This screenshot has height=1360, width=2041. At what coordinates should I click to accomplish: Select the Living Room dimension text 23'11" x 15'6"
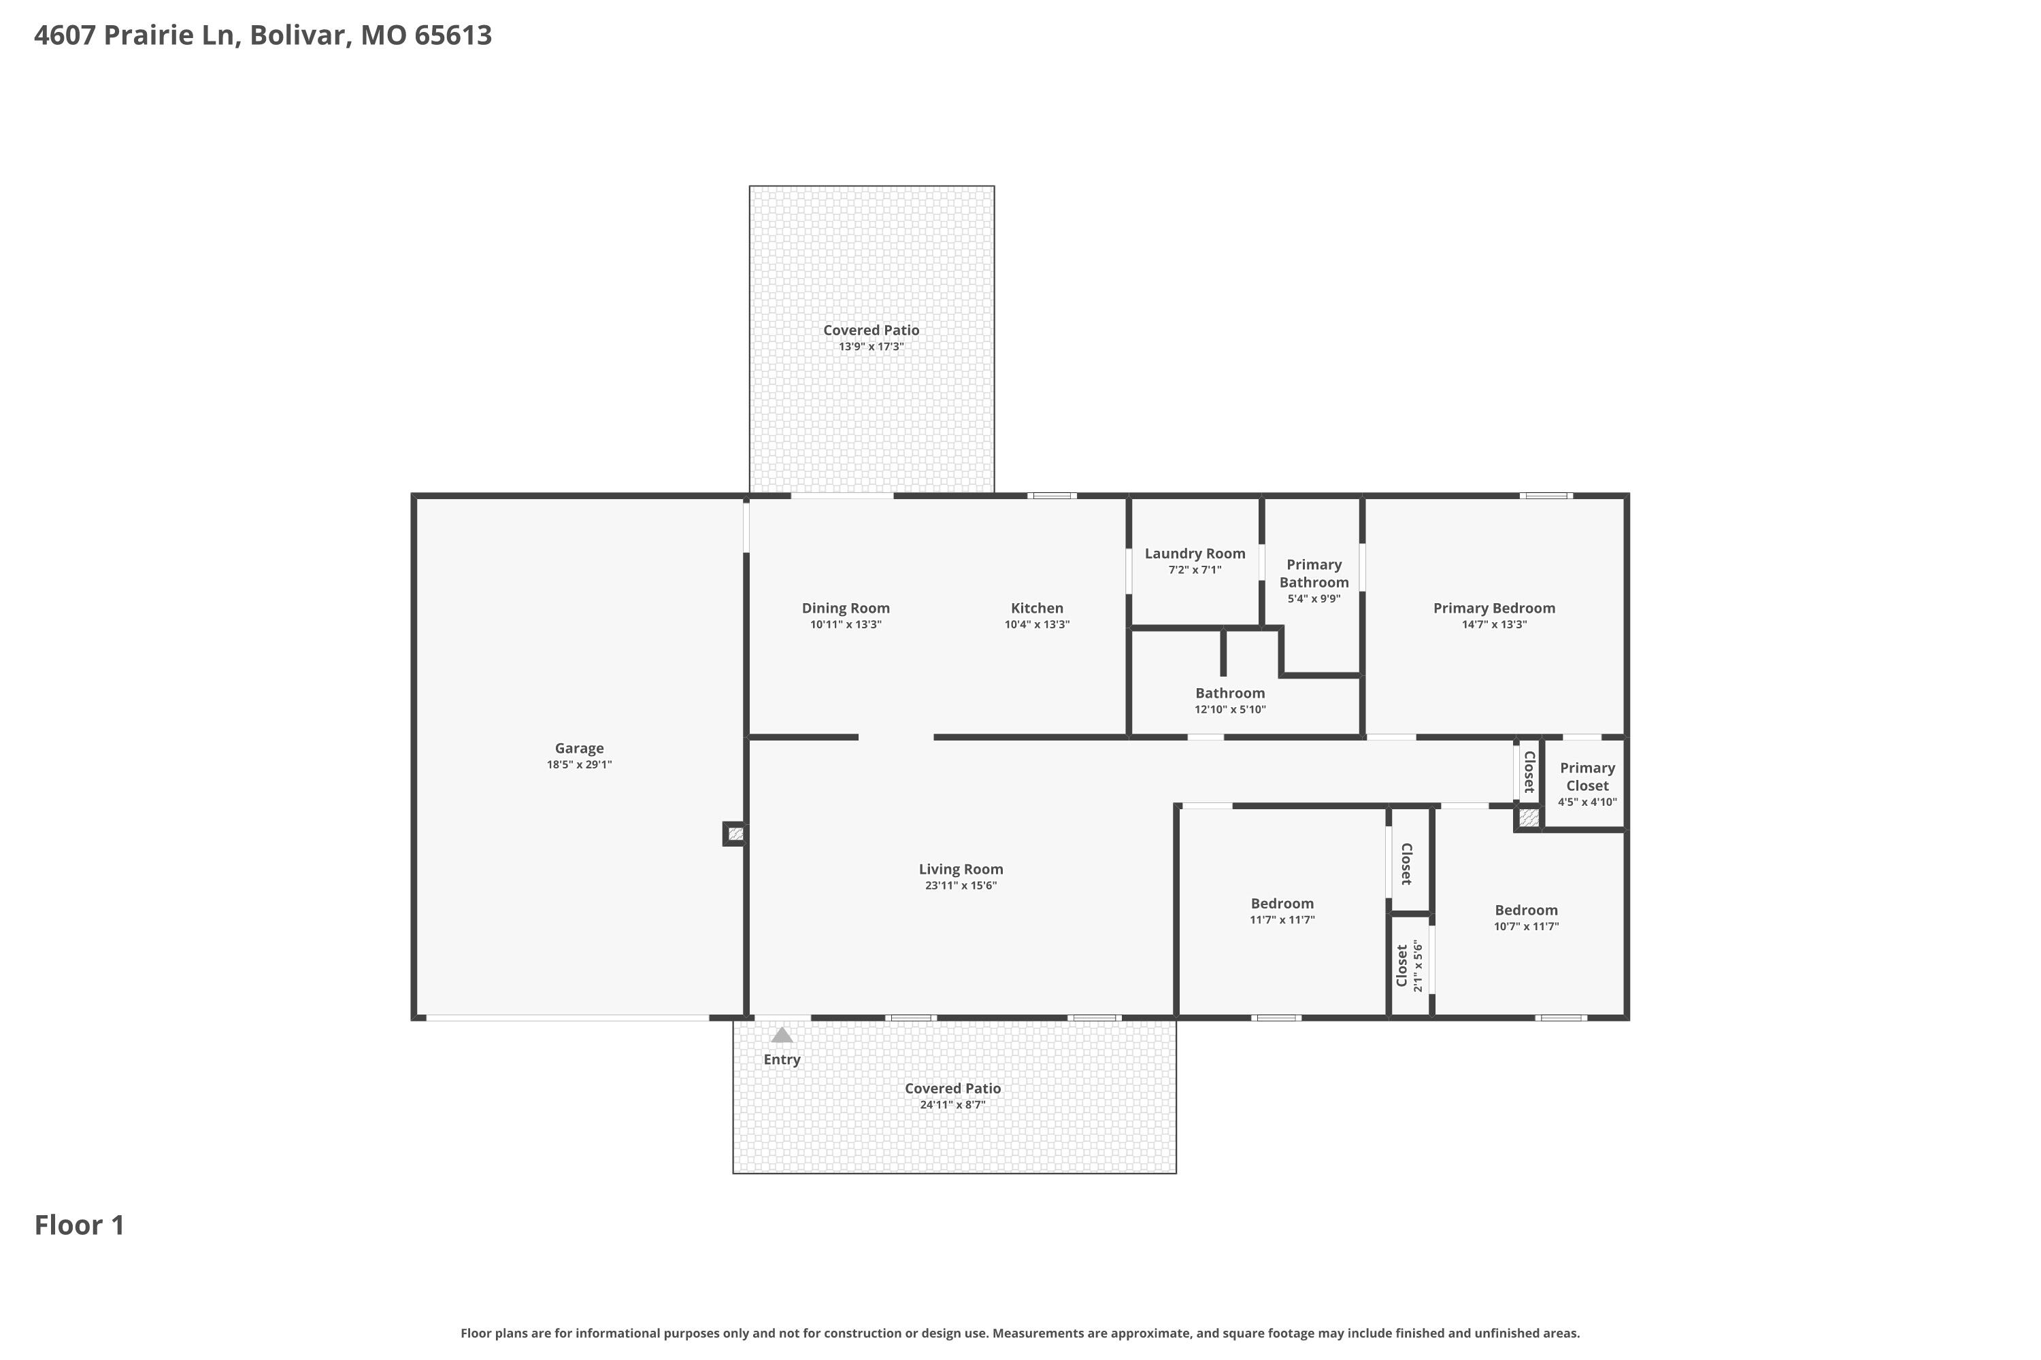pos(961,885)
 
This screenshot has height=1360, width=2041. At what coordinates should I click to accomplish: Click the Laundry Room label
pos(1195,554)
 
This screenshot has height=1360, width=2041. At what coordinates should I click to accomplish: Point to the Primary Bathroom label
pos(1314,573)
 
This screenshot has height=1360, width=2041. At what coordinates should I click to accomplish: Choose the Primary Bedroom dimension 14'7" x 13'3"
pos(1493,624)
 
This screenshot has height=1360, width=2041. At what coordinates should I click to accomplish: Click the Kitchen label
pos(1037,608)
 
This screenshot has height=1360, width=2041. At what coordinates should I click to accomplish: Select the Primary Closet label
pos(1587,777)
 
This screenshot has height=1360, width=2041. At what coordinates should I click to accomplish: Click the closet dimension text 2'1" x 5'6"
pos(1418,966)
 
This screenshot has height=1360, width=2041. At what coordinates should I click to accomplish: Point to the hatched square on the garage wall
pos(735,834)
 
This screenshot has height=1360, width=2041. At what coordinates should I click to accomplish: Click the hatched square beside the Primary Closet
pos(1528,817)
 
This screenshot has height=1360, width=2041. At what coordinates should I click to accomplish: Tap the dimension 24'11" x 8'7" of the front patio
pos(953,1105)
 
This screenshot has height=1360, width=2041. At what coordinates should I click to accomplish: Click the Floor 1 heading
pos(80,1225)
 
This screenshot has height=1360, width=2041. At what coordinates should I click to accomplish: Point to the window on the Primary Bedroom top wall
pos(1546,496)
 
